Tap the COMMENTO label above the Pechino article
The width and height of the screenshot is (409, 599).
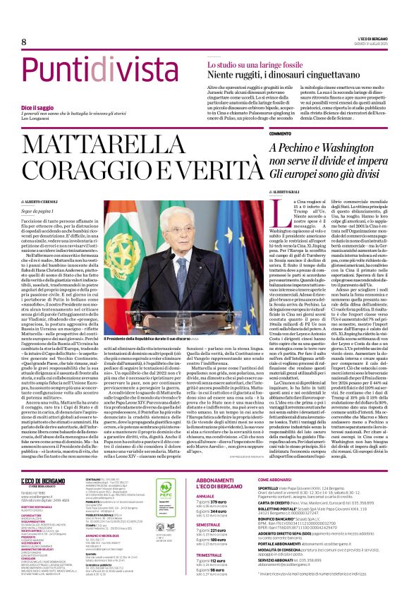[279, 133]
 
